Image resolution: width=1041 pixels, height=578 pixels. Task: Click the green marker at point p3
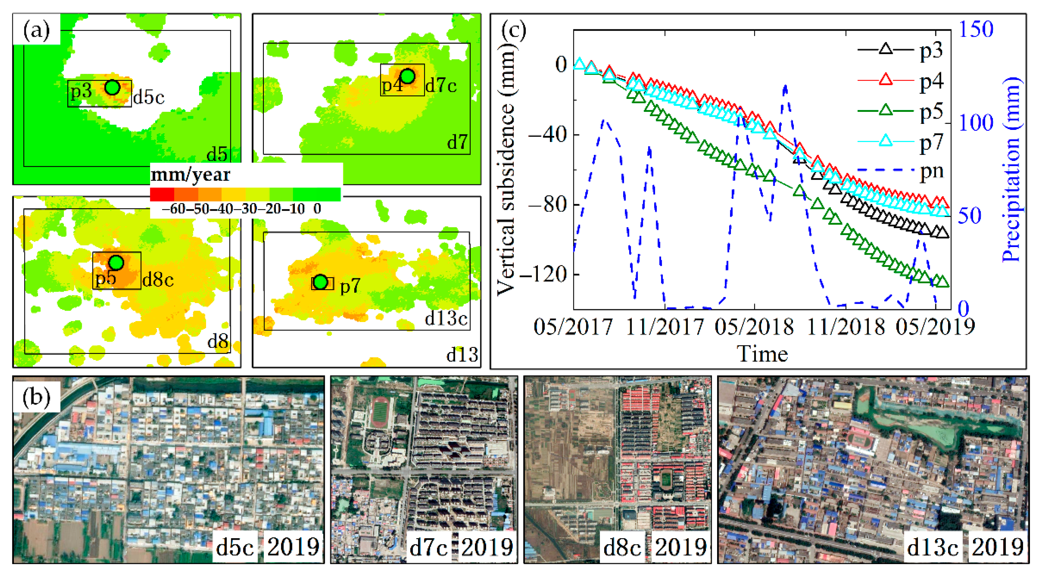tap(112, 87)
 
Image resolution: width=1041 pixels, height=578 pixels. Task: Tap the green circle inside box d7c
tap(407, 76)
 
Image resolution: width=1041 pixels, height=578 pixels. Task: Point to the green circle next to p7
tap(320, 282)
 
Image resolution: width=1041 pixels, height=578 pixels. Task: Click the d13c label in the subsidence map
tap(446, 319)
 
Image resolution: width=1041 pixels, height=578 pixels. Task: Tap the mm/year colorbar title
tap(190, 175)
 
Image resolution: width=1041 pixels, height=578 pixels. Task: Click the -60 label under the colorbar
tap(173, 209)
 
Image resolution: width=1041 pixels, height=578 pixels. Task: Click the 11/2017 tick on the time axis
tap(665, 326)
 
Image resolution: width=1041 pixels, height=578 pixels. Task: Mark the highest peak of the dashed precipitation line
tap(785, 86)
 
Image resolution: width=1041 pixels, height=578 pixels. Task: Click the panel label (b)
tap(36, 397)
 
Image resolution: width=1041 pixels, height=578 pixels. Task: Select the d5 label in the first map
tap(217, 155)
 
